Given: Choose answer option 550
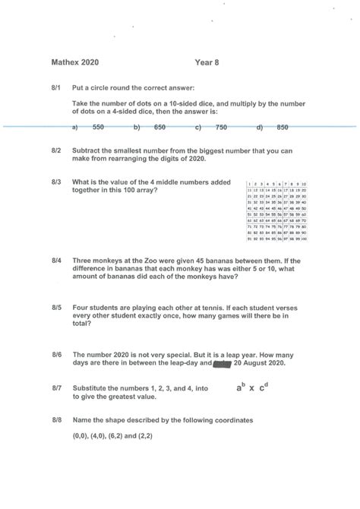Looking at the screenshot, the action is [98, 128].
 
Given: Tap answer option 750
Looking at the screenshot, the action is [221, 128].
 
